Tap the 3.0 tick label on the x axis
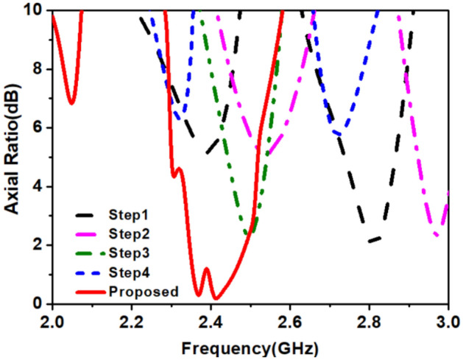pos(447,322)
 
